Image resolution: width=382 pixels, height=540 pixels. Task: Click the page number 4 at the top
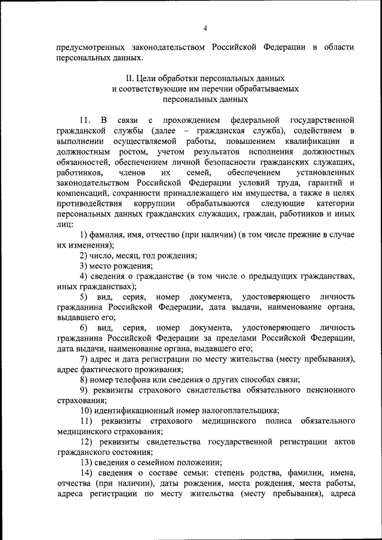(x=205, y=28)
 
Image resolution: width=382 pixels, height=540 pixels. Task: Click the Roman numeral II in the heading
(x=129, y=78)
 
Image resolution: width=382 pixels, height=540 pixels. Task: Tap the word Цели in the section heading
(x=147, y=78)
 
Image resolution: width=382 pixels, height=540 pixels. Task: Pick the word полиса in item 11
(x=269, y=422)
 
